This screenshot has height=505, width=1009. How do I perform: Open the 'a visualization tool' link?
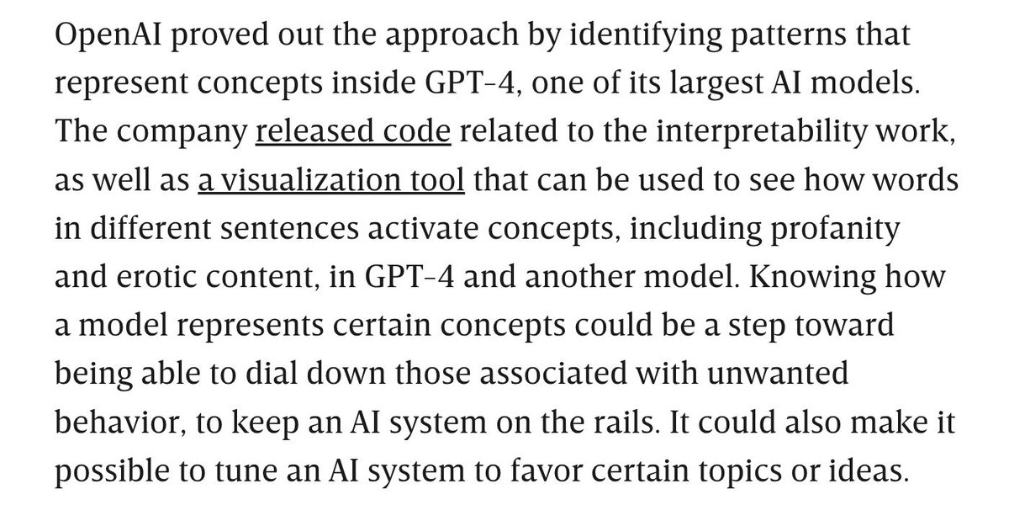pos(331,181)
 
